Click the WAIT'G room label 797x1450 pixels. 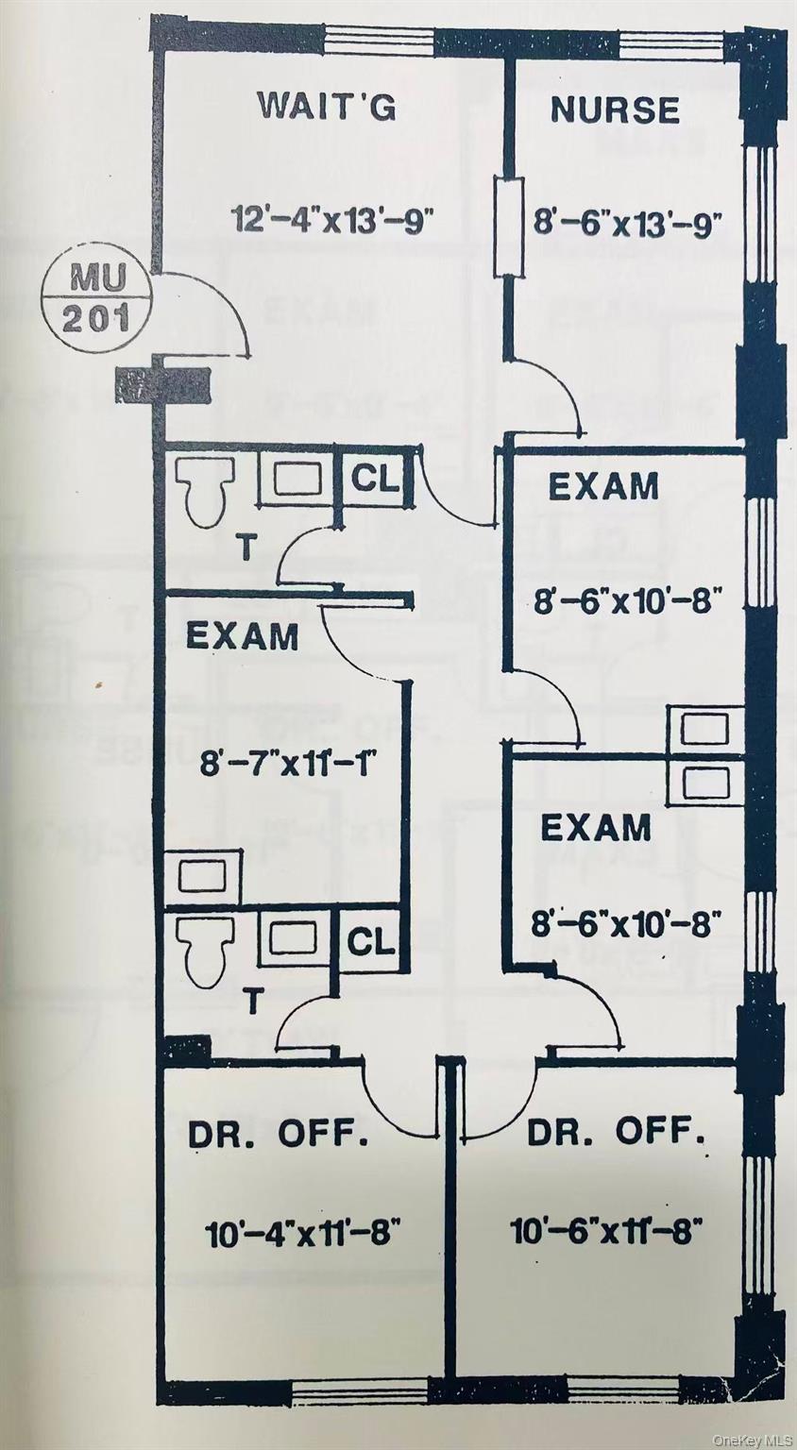click(327, 106)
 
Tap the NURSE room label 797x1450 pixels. click(615, 110)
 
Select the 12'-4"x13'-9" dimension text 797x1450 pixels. click(332, 220)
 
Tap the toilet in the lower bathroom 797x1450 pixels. click(207, 951)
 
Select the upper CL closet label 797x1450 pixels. click(375, 478)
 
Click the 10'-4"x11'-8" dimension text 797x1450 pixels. click(303, 1231)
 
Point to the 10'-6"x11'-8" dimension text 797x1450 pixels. click(605, 1231)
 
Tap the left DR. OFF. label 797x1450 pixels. click(279, 1135)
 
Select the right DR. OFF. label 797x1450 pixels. click(616, 1131)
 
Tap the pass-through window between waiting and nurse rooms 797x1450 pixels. click(511, 227)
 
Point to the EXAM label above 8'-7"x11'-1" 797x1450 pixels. click(242, 636)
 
